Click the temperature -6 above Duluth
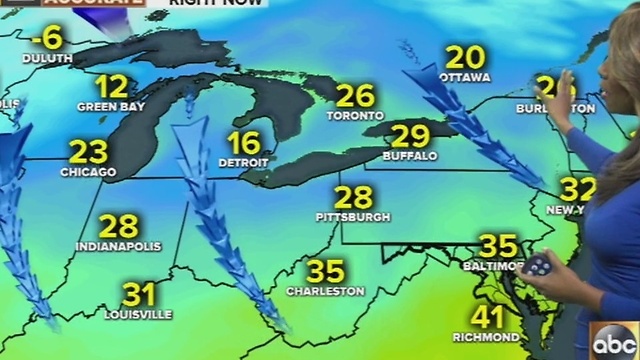click(46, 39)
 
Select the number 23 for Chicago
click(88, 152)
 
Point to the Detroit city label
click(244, 161)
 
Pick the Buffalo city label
click(409, 156)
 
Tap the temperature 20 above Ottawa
click(465, 57)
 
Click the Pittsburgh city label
click(353, 216)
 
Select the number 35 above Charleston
click(325, 271)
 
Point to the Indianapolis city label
click(118, 245)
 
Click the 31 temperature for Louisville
click(138, 294)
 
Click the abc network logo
click(614, 340)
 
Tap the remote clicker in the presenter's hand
click(538, 266)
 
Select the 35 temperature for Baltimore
click(498, 246)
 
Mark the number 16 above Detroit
click(243, 142)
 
